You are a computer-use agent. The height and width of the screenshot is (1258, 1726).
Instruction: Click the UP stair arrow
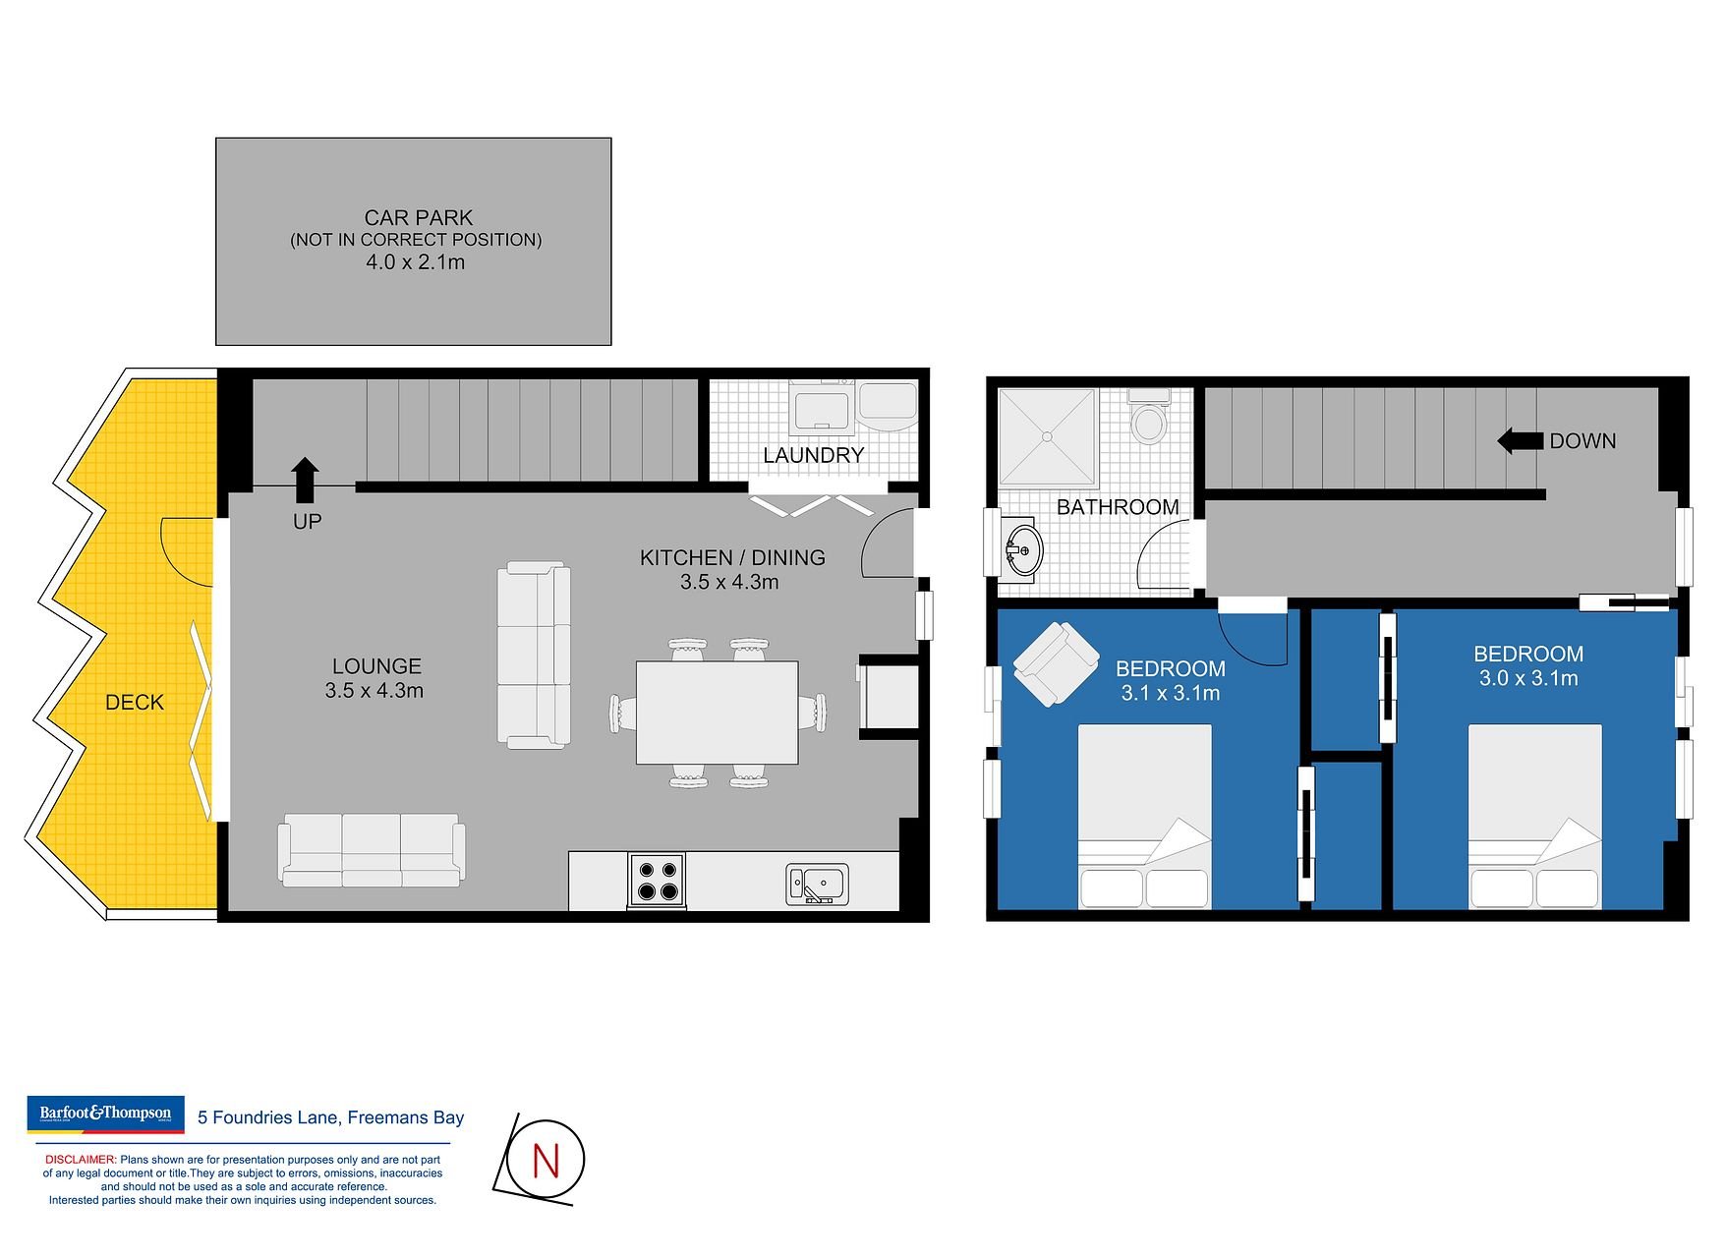coord(306,481)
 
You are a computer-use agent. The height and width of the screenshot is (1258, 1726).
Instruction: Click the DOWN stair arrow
coord(1520,441)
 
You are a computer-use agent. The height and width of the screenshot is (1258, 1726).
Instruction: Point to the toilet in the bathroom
coord(1148,416)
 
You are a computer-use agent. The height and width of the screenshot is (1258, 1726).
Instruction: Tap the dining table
coord(717,713)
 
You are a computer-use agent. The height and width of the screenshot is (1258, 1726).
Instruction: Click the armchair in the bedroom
coord(1056,663)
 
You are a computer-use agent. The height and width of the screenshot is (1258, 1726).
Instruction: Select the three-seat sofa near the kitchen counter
coord(372,850)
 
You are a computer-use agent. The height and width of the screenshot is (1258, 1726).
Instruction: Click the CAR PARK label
coord(418,217)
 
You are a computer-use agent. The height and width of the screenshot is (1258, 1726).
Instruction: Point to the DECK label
coord(135,703)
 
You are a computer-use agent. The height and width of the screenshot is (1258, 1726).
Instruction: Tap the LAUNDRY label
coord(813,455)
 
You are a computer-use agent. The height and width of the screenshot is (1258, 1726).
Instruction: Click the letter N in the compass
coord(546,1161)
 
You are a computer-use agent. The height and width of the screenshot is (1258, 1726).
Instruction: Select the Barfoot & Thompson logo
coord(105,1115)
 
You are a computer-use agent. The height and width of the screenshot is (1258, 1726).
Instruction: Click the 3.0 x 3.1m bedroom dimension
coord(1528,678)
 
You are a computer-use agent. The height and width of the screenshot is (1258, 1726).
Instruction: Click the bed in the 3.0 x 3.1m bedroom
coord(1534,817)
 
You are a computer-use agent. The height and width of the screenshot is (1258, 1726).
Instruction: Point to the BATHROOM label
coord(1118,507)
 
